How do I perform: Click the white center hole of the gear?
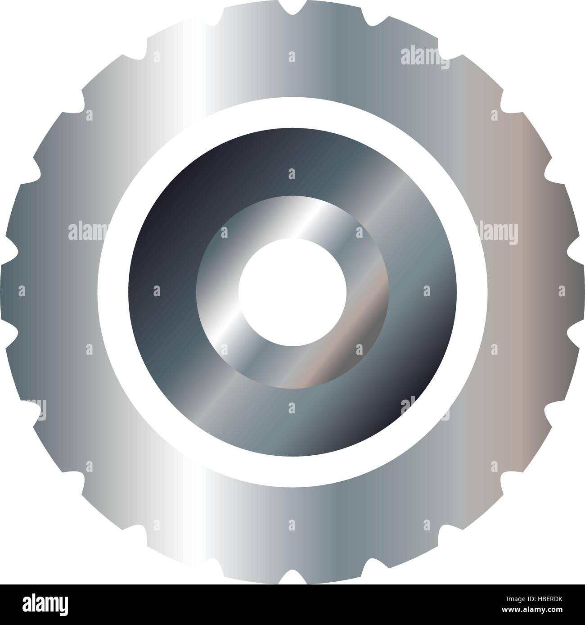292,292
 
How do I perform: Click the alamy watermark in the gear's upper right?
425,58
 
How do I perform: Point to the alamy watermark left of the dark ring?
88,234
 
